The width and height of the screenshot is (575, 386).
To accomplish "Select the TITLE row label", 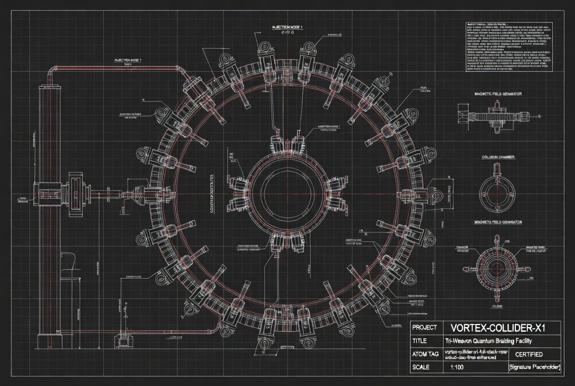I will [x=419, y=341].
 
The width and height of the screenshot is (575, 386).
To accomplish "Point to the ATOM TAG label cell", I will [x=424, y=354].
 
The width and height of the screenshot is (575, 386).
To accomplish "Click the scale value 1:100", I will [x=458, y=367].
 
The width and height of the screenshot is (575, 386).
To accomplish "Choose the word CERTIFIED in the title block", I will [x=529, y=354].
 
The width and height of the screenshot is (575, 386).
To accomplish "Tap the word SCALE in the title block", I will [x=421, y=367].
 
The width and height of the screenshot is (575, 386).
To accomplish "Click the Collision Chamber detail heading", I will [x=498, y=157].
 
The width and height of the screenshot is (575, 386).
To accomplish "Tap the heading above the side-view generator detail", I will [x=498, y=94].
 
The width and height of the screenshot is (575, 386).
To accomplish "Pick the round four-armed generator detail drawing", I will [x=498, y=269].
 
